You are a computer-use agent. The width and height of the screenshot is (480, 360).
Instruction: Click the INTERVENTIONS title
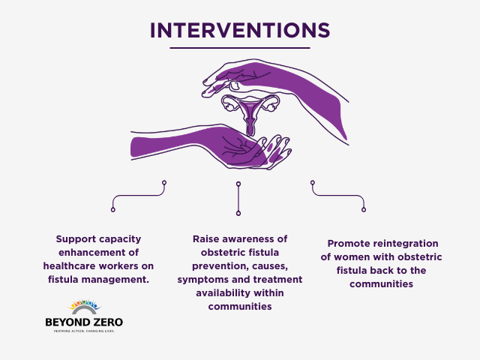(239, 29)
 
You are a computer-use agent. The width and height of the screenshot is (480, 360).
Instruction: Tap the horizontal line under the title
(239, 48)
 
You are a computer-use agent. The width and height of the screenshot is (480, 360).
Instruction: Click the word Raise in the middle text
(207, 239)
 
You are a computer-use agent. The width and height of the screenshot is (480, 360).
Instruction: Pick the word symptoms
(201, 280)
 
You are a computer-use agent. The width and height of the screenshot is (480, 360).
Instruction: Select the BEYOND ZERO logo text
(84, 322)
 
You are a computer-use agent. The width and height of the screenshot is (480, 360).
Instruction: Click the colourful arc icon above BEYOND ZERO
(84, 307)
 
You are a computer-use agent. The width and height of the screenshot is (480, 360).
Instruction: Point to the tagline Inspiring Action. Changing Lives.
(84, 331)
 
